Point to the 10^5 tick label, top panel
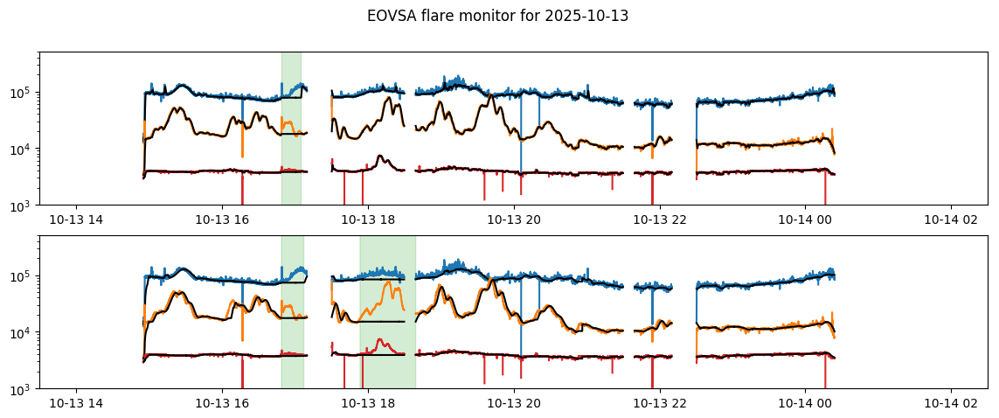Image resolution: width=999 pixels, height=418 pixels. point(23,93)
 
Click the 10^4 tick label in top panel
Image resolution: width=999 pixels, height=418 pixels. point(23,150)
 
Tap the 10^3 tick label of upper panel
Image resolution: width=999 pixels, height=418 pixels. point(23,206)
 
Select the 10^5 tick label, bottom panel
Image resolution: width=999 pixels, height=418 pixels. point(23,276)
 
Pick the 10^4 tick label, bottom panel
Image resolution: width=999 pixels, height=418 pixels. point(23,333)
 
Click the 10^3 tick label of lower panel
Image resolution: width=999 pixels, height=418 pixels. point(23,389)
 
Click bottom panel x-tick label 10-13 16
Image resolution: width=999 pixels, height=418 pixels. point(222,403)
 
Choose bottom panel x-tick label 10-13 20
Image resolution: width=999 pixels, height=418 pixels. point(514,403)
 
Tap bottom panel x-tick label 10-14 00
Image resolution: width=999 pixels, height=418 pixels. point(805,403)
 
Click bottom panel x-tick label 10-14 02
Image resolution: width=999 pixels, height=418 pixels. point(951,403)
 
